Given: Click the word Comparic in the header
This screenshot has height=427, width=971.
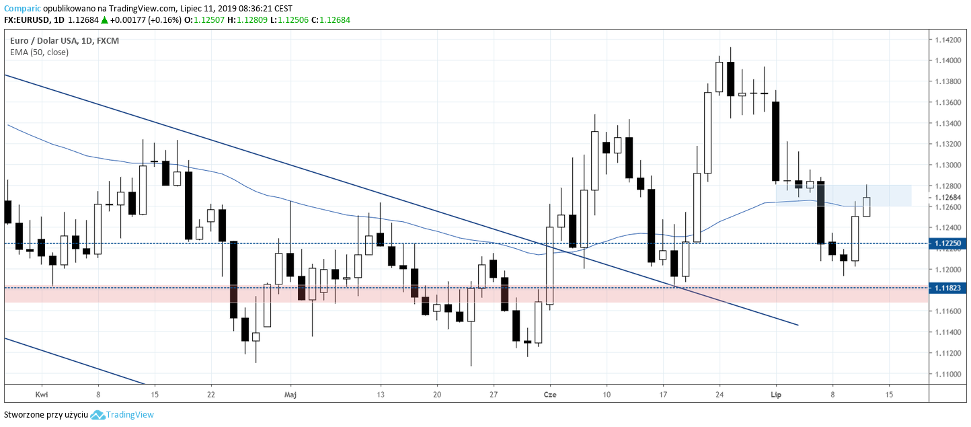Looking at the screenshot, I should coord(20,9).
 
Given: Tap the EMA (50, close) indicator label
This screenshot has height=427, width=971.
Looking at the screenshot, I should coord(39,52).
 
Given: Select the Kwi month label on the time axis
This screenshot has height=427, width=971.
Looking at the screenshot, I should coord(42,395).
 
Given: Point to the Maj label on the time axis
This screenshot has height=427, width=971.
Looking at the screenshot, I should coord(290,395).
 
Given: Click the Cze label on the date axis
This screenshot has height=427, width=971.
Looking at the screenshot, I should coord(550,395).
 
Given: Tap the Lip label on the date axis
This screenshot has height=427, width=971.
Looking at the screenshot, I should coord(775,395).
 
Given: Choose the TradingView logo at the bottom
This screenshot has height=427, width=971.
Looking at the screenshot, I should coord(122,415).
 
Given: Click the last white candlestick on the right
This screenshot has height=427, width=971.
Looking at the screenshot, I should coord(867,206).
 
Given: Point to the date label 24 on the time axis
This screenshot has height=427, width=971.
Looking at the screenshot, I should coord(719,395).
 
